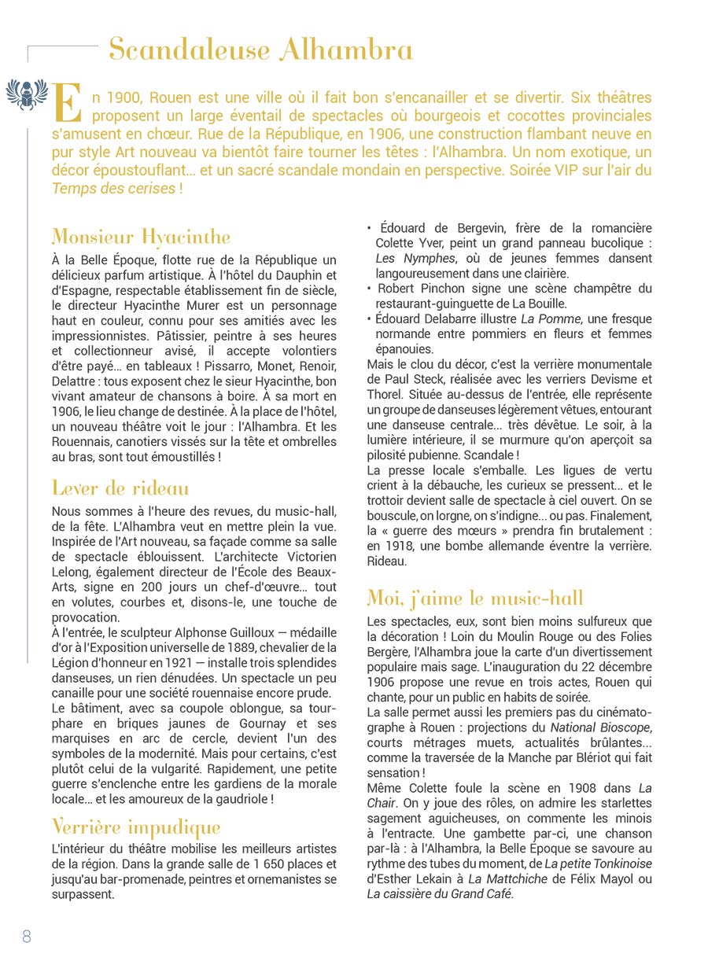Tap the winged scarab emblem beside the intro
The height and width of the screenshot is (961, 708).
pos(27,94)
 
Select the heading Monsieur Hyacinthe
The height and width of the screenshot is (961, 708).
pos(141,236)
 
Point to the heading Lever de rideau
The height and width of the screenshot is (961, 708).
pos(120,488)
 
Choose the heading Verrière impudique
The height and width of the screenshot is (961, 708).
pos(136,827)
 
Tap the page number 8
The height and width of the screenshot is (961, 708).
pos(27,936)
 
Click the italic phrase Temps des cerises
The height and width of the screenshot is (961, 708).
pos(113,189)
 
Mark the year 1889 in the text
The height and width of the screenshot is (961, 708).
pos(259,632)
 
